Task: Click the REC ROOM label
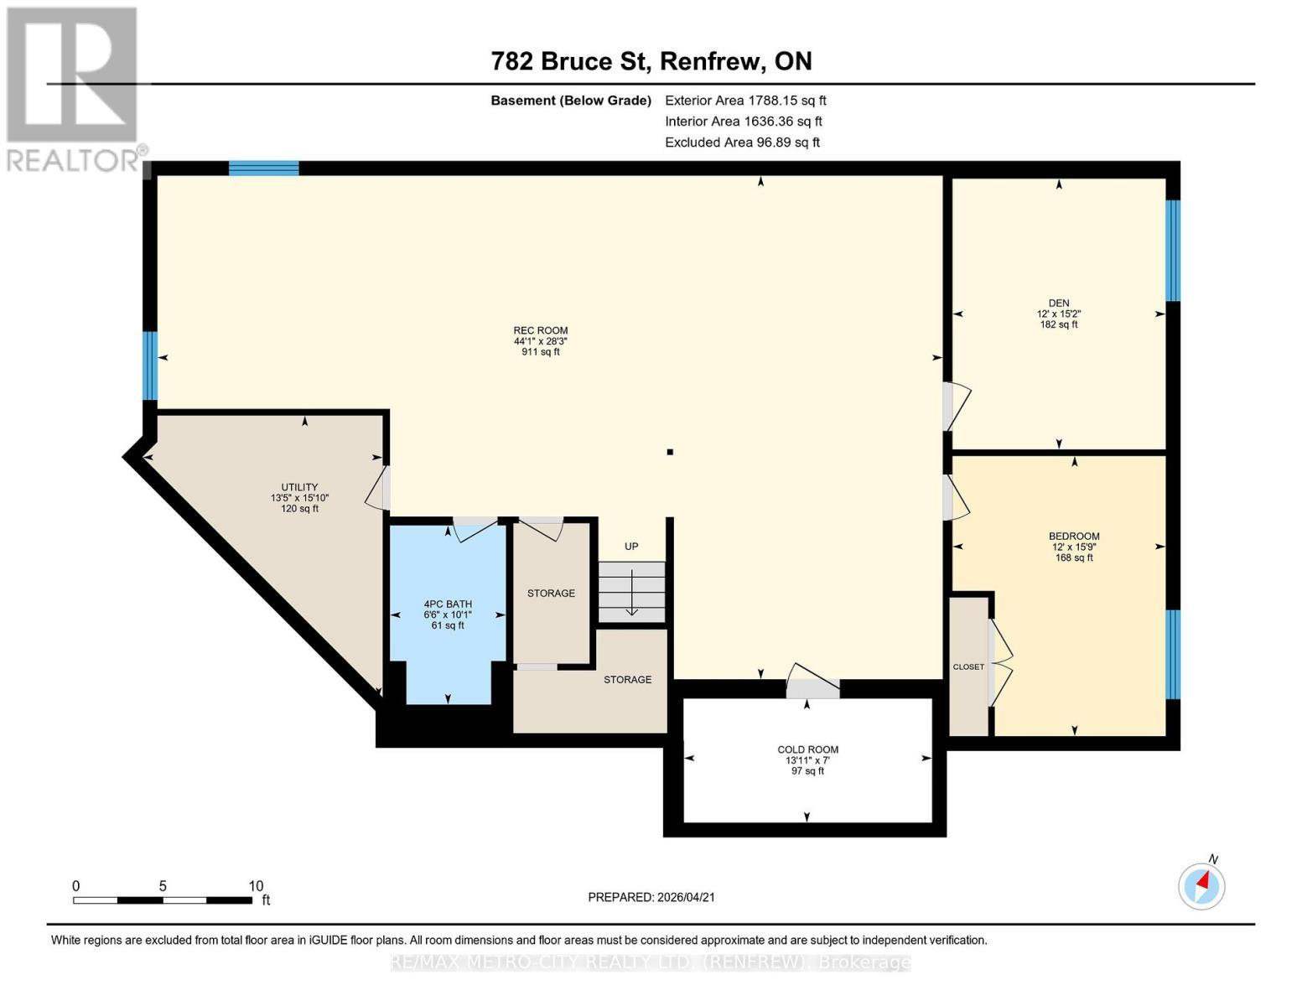tap(540, 330)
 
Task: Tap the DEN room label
tap(1059, 303)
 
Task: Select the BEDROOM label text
tap(1074, 537)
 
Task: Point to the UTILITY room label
tap(299, 487)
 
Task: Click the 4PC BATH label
tap(448, 604)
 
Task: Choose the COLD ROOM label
tap(807, 749)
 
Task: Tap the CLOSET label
tap(968, 666)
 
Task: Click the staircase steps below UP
tap(631, 591)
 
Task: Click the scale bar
tap(163, 900)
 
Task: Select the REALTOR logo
tap(73, 90)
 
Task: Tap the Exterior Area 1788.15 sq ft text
tap(745, 101)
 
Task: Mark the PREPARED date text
tap(651, 897)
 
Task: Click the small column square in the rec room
tap(670, 452)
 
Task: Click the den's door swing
tap(957, 406)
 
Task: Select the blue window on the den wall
tap(1173, 251)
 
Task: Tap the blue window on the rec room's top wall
tap(263, 168)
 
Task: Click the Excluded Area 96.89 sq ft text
tap(742, 143)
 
